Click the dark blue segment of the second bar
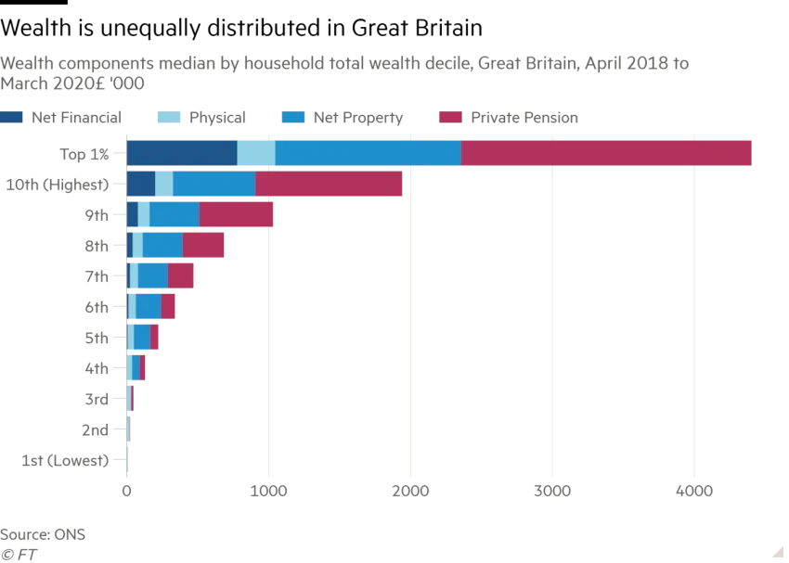(140, 185)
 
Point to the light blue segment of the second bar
(163, 185)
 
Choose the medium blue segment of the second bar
(213, 185)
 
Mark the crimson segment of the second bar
(330, 185)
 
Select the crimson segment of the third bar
(237, 215)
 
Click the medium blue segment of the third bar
(175, 215)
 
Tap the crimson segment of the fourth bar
(204, 246)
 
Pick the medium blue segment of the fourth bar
(162, 246)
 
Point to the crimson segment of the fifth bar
(181, 276)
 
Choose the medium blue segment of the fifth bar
(152, 276)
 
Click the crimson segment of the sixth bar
(169, 307)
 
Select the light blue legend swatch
(168, 119)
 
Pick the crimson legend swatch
(450, 119)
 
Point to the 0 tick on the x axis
(127, 489)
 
